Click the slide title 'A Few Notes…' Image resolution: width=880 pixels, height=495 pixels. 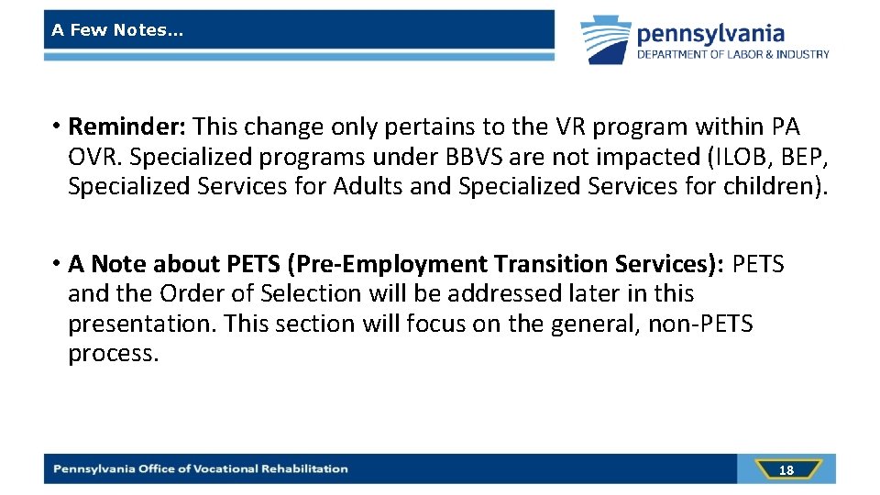117,30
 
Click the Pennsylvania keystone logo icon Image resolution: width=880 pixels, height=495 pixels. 606,39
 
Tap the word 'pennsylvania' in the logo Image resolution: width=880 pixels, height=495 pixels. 710,34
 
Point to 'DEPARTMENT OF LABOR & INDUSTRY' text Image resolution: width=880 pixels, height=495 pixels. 733,55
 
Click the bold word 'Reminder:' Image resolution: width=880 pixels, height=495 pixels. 128,126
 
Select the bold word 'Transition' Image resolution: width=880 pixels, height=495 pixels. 548,264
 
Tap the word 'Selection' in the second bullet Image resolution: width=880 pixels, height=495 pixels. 313,294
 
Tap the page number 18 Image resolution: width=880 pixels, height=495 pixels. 786,469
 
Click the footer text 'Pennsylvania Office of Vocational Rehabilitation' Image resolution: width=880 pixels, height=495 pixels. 201,468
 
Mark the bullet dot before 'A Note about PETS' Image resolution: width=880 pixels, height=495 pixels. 57,263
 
